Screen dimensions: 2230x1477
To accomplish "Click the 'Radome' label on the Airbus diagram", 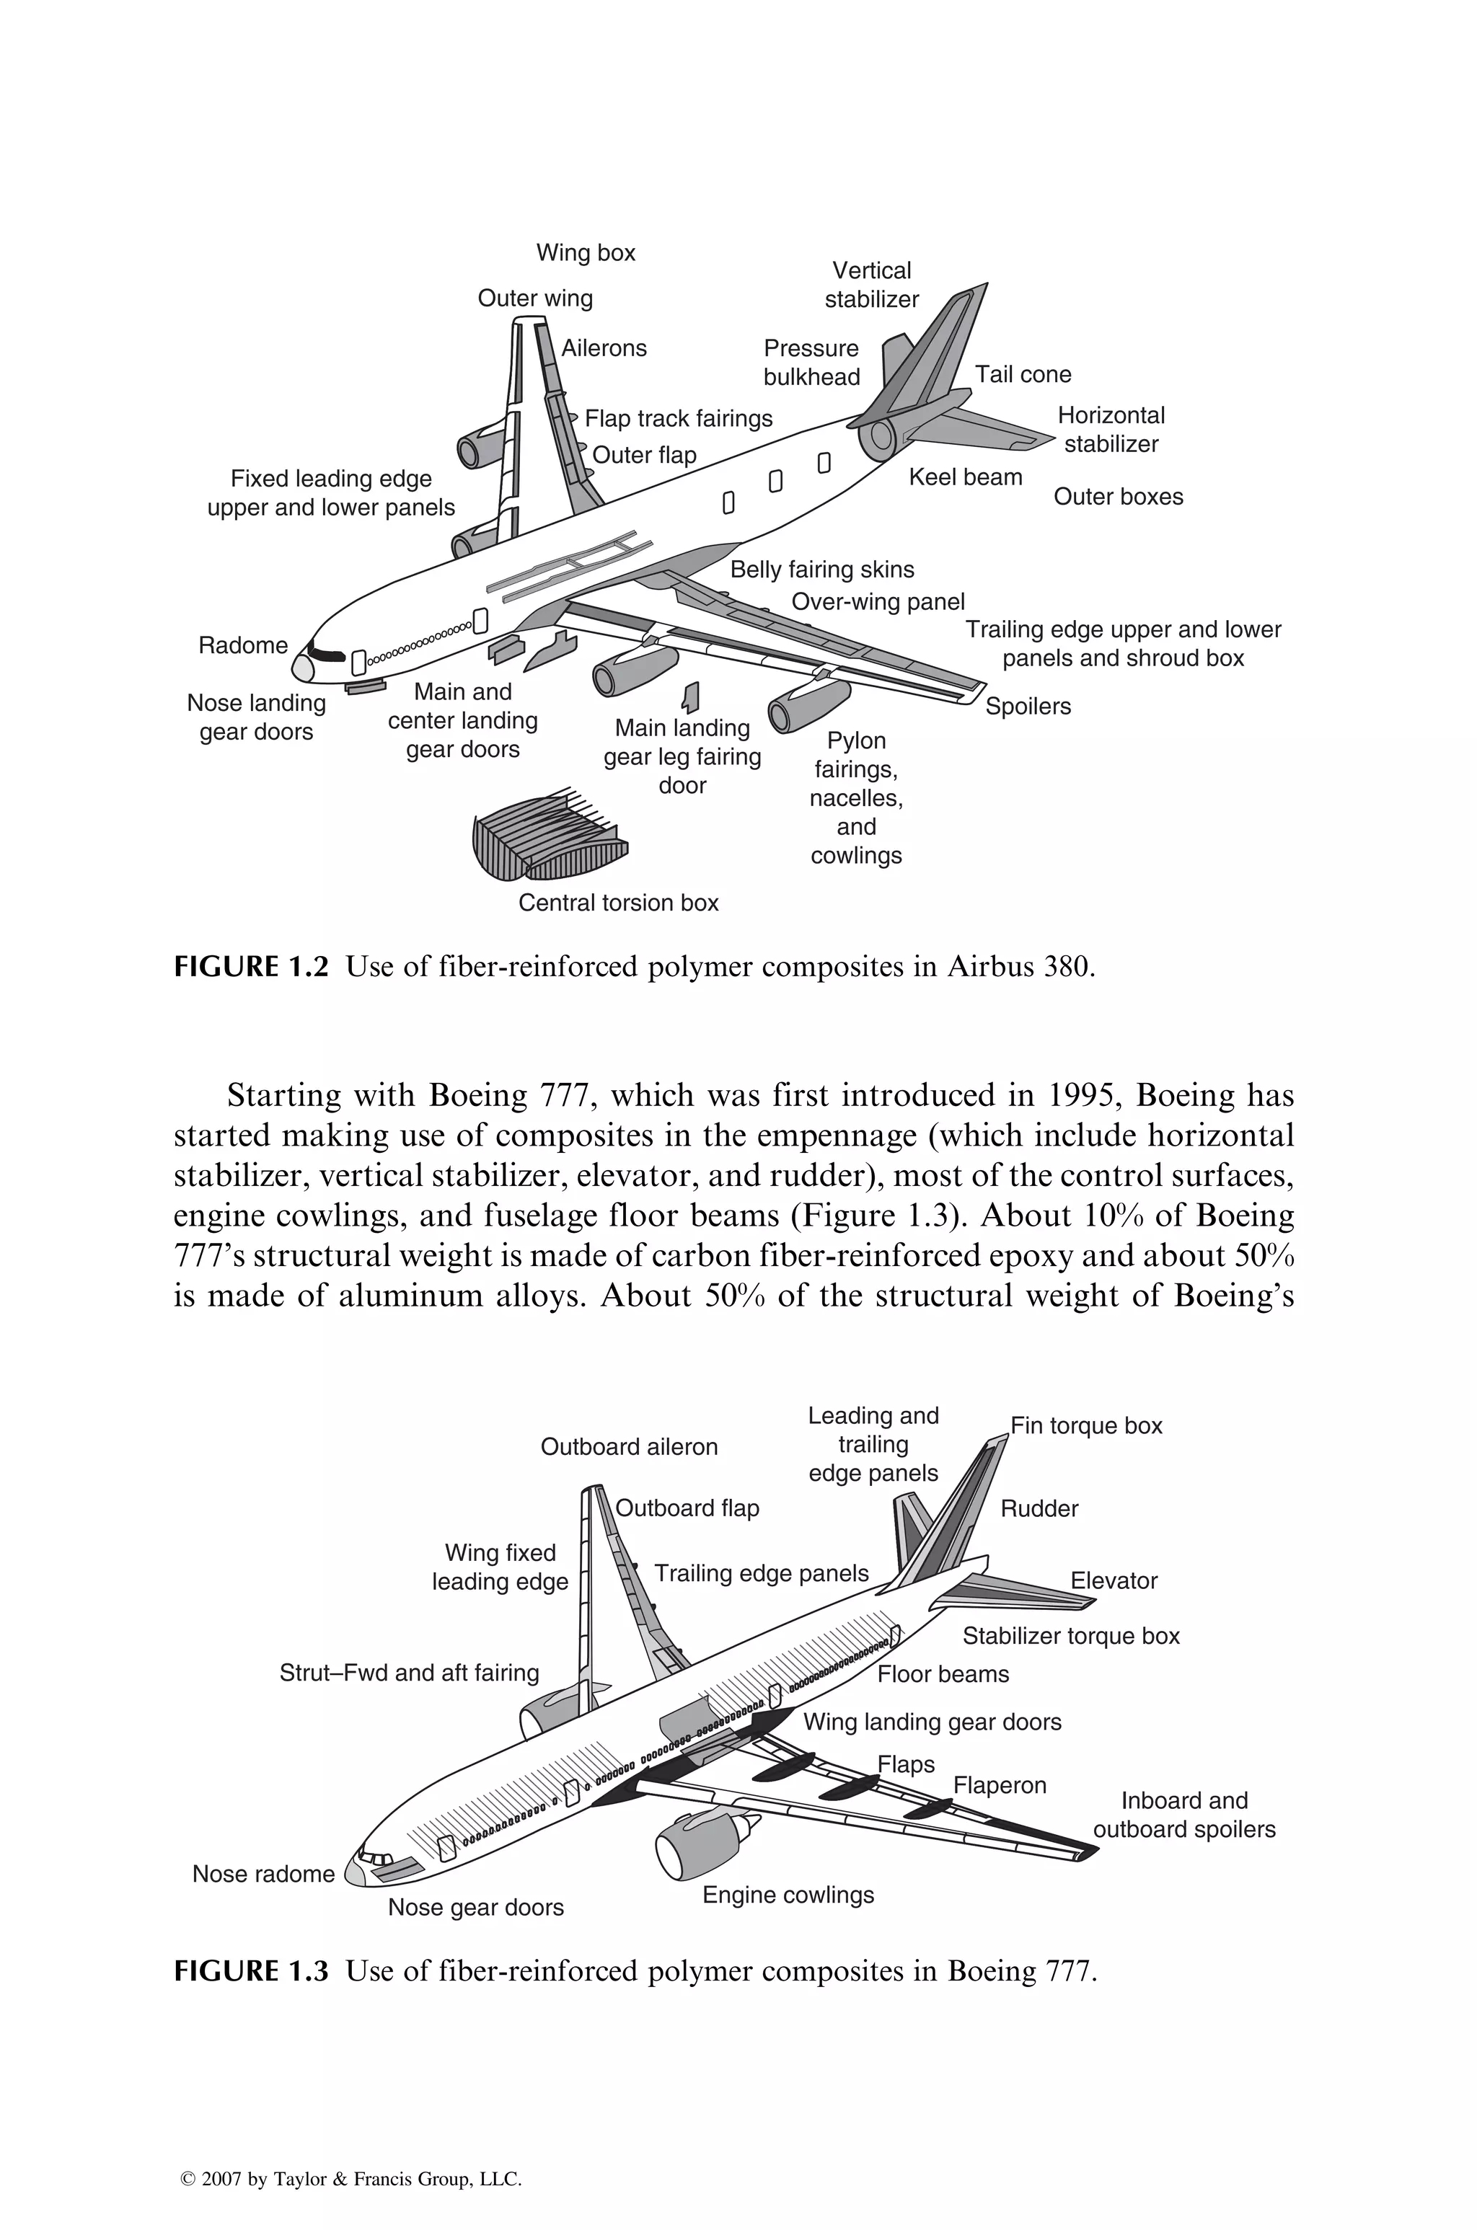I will [243, 646].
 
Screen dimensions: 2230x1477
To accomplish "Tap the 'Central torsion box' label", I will [618, 903].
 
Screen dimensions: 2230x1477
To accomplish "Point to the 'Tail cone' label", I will [1022, 375].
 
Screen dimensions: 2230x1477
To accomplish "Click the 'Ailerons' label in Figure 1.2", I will [604, 348].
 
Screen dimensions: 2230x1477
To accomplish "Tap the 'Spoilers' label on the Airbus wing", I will [1028, 707].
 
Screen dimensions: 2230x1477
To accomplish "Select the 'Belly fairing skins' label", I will [821, 570].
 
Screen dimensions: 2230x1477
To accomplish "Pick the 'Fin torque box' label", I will [1086, 1426].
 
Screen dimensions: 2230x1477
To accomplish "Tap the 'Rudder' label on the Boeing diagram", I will [1039, 1508].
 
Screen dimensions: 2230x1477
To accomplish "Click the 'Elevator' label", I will [1114, 1581].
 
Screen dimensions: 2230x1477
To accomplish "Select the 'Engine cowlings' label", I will [788, 1895].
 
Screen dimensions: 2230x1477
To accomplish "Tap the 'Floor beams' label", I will [943, 1674].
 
